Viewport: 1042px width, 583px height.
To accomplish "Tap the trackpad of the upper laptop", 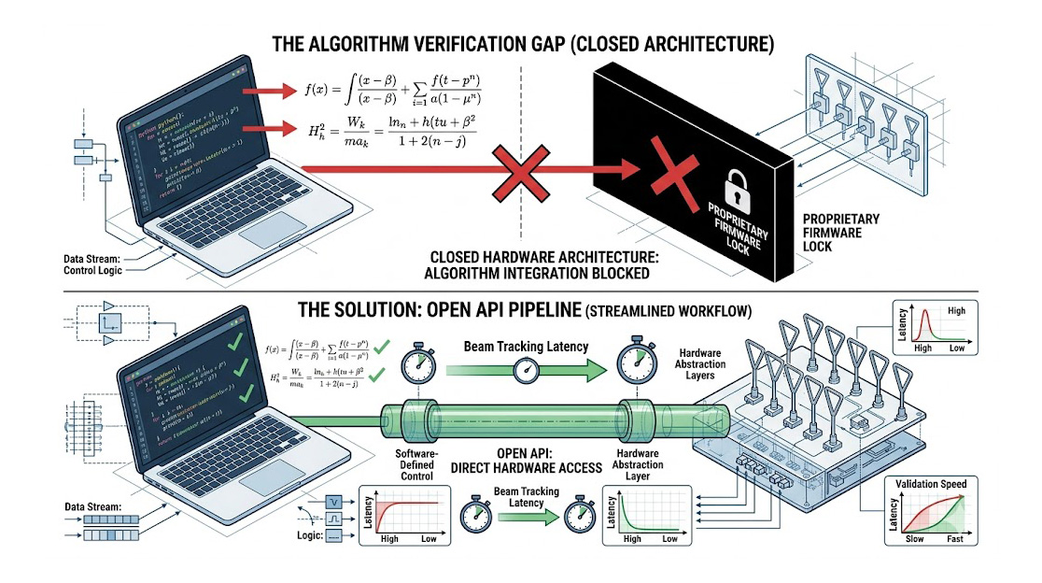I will point(274,228).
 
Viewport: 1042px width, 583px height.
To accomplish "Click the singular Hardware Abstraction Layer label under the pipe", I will point(640,465).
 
